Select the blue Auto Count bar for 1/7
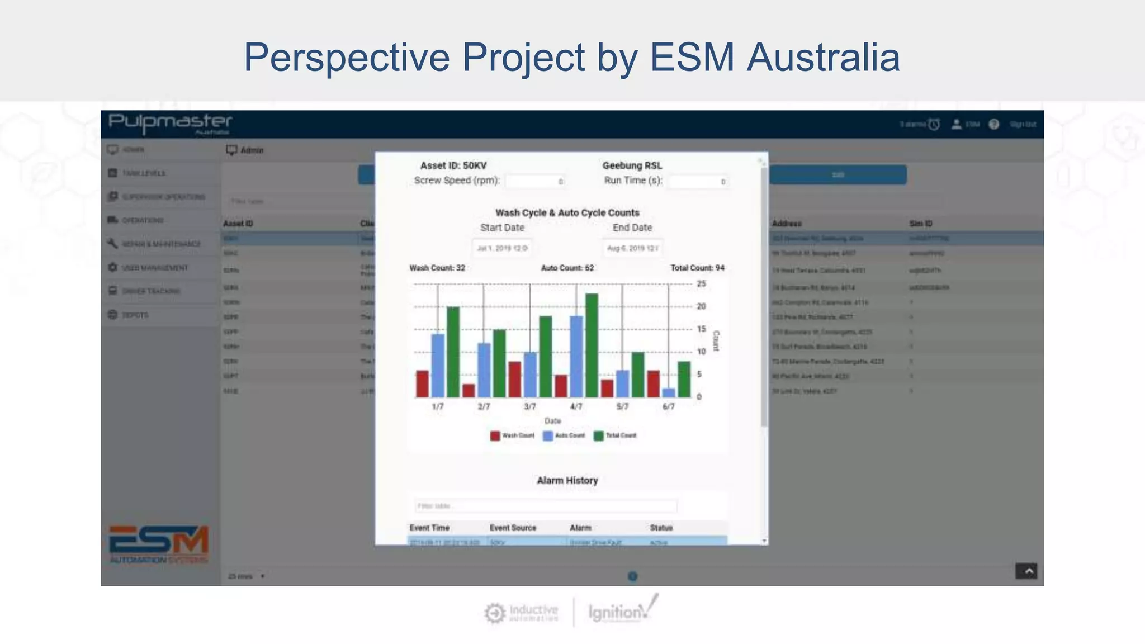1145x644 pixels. click(x=438, y=366)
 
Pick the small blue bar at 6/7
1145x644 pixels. click(x=668, y=392)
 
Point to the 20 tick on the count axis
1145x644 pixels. click(x=701, y=306)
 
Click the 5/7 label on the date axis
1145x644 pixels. click(x=622, y=406)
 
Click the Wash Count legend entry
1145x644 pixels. click(x=512, y=435)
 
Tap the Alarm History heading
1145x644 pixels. click(x=567, y=480)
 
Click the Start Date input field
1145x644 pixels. click(x=502, y=248)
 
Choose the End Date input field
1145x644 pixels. click(x=632, y=248)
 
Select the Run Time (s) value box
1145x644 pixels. click(x=698, y=181)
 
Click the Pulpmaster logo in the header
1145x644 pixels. click(x=170, y=123)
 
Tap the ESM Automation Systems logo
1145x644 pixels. click(x=159, y=544)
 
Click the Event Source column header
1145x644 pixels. click(x=513, y=528)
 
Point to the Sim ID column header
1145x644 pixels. click(x=921, y=224)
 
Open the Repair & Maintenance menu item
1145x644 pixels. click(x=161, y=244)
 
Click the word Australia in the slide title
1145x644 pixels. click(x=823, y=57)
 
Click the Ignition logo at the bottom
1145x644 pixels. click(x=621, y=611)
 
